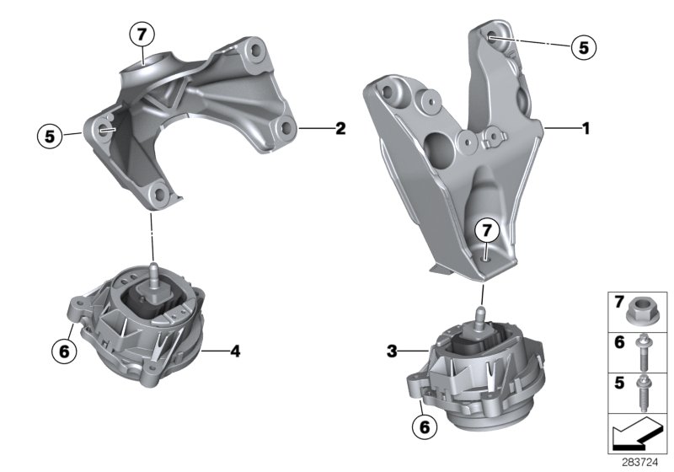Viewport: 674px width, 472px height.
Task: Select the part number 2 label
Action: [340, 129]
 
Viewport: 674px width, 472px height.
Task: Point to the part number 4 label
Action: [234, 350]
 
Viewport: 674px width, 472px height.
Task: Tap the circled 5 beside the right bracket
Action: [581, 46]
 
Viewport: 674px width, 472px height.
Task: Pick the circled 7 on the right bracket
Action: [485, 229]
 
